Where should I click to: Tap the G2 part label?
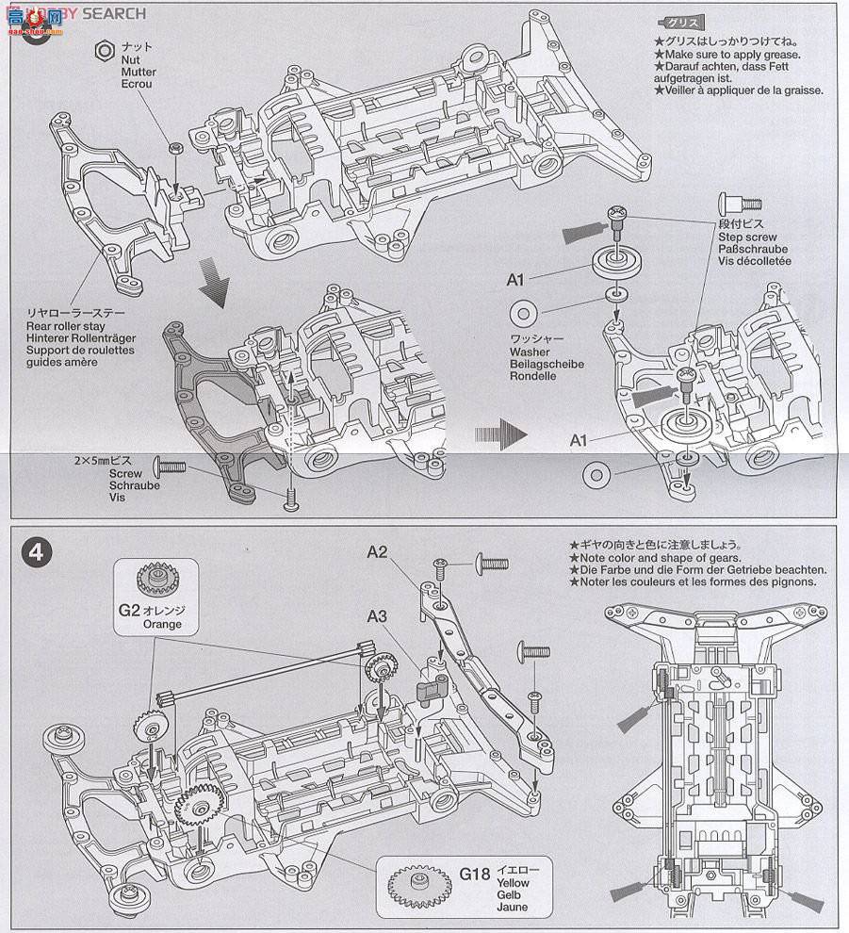coord(130,610)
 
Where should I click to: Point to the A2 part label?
coord(378,552)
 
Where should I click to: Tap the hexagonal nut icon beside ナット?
coord(105,47)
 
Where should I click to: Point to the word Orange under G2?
coord(162,624)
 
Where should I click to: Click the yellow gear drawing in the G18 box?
coord(416,883)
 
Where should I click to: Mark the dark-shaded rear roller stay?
coord(207,396)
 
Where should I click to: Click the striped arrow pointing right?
coord(498,433)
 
